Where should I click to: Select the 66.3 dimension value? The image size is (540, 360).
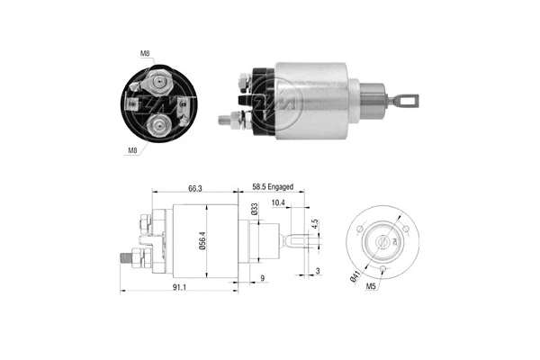pos(194,186)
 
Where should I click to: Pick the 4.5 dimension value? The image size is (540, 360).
pos(315,225)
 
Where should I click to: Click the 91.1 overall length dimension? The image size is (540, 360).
pos(178,288)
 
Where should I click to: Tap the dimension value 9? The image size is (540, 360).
pos(262,278)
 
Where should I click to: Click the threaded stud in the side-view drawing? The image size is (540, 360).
pos(126,258)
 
